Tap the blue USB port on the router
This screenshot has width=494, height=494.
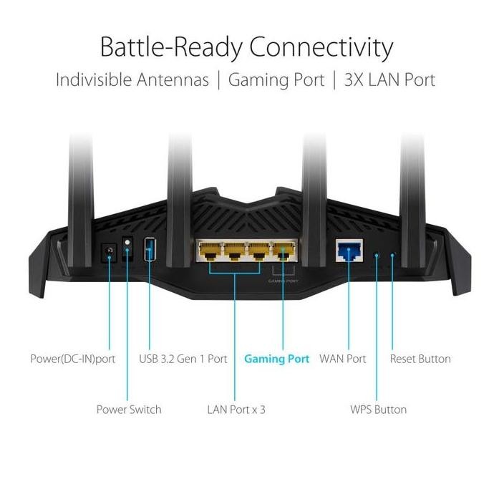point(150,249)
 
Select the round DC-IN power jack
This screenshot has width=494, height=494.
point(109,251)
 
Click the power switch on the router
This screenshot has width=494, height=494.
point(128,248)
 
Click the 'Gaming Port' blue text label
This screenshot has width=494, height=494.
point(276,359)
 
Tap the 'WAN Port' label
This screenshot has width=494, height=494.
point(342,359)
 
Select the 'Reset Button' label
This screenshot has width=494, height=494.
point(420,359)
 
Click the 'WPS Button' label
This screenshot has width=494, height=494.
point(378,410)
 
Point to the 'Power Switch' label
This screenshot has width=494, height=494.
point(129,410)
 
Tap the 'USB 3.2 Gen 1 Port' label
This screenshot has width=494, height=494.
point(183,359)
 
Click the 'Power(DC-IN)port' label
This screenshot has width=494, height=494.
point(72,359)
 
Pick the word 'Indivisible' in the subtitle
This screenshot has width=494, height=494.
point(92,79)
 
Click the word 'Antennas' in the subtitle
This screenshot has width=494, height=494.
point(170,79)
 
